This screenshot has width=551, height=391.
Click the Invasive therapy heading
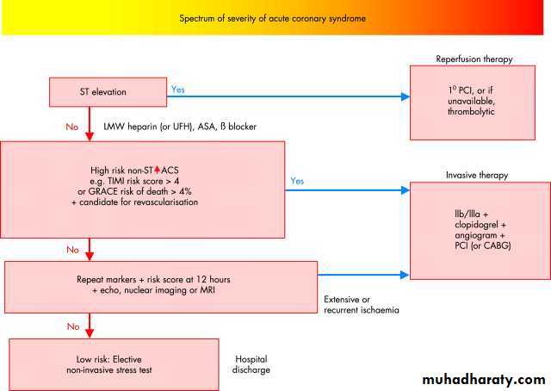[476, 175]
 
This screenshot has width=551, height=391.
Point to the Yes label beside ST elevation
[177, 89]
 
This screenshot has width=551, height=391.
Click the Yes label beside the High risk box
[297, 181]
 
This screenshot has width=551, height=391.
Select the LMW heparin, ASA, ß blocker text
[180, 127]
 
